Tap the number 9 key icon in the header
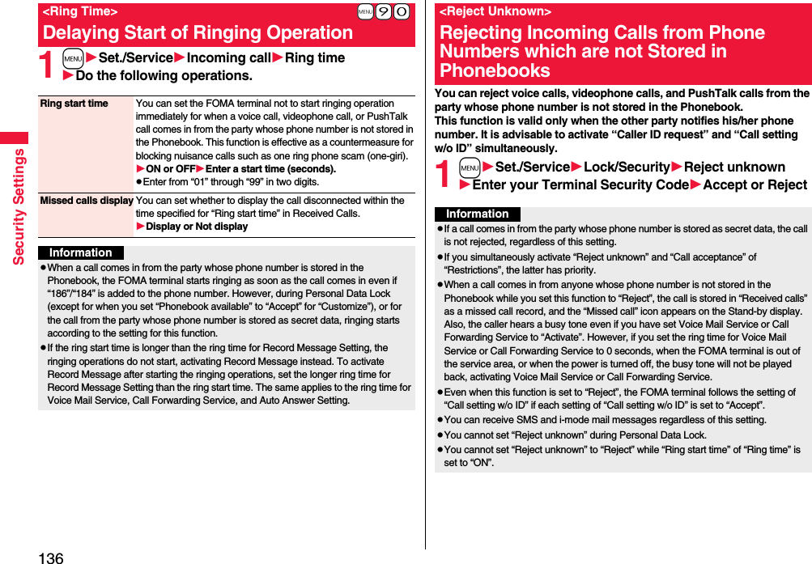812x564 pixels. tap(384, 11)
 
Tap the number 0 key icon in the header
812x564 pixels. tap(401, 11)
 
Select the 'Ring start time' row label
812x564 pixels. tap(74, 104)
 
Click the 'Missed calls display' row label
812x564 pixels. tap(86, 201)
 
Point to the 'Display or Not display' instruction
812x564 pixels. tap(197, 227)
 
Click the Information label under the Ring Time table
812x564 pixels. tap(81, 252)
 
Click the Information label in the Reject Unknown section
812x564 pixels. tap(478, 214)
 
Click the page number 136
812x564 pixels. tap(49, 558)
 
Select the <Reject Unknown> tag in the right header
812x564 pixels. tap(495, 11)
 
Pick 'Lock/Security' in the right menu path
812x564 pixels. tap(627, 168)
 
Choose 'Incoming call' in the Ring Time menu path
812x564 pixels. tap(229, 58)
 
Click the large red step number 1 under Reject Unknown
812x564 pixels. tap(443, 175)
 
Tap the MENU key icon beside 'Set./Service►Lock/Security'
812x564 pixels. tap(469, 168)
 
